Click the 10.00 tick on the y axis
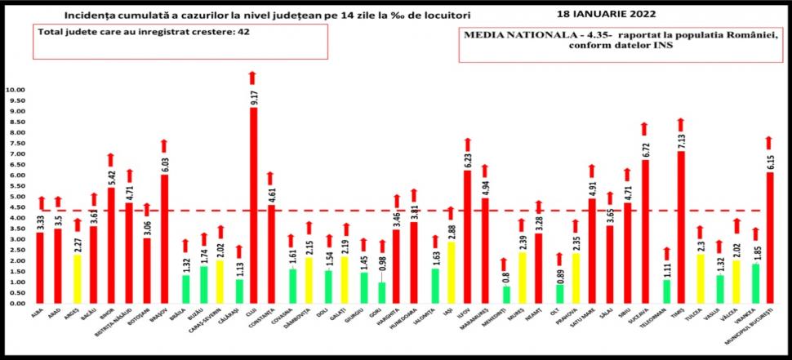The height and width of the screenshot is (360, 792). tap(15, 90)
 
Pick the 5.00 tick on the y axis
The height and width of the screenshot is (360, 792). tap(15, 197)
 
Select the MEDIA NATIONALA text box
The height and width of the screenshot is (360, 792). tap(620, 43)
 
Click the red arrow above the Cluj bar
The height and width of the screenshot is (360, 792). tap(253, 78)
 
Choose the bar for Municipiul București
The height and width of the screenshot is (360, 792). tap(769, 238)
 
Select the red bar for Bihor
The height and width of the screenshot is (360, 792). tap(111, 246)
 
